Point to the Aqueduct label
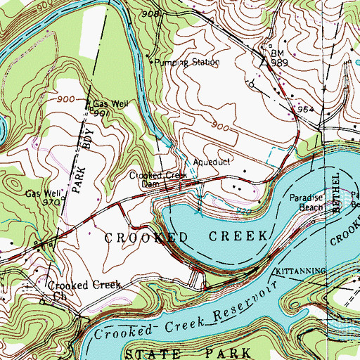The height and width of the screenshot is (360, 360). click(x=211, y=160)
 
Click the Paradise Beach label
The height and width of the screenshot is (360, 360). click(x=307, y=203)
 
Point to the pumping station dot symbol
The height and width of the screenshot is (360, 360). click(x=153, y=62)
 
